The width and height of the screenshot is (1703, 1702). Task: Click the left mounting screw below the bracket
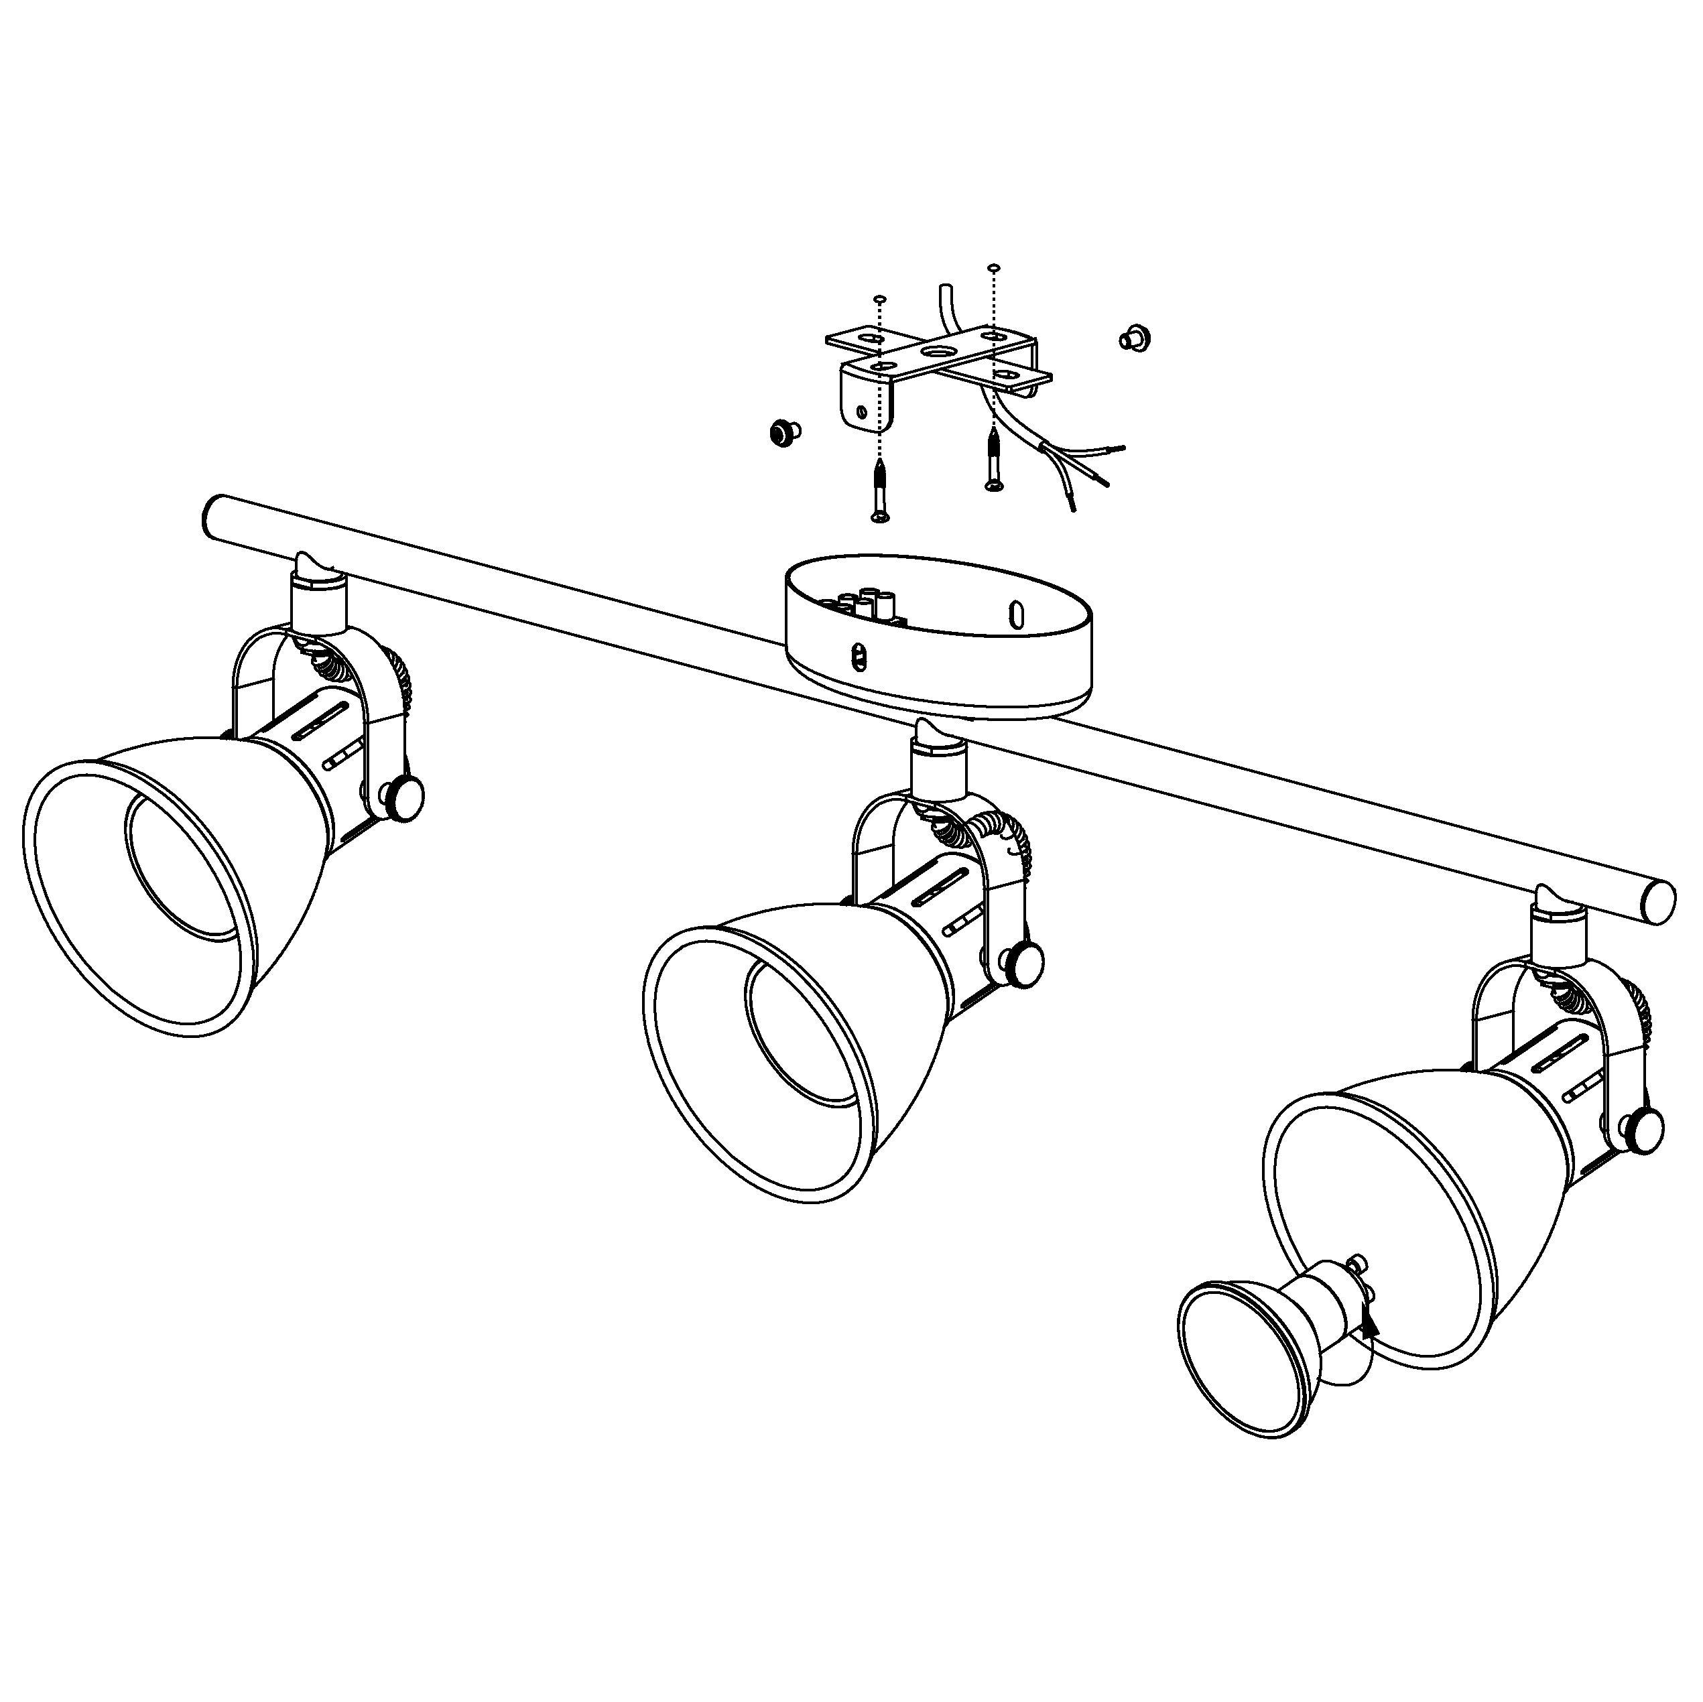(879, 492)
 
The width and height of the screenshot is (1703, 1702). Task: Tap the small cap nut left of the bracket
(783, 432)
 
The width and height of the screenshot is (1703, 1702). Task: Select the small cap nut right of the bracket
(1135, 338)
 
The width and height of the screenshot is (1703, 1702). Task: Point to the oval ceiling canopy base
(937, 670)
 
